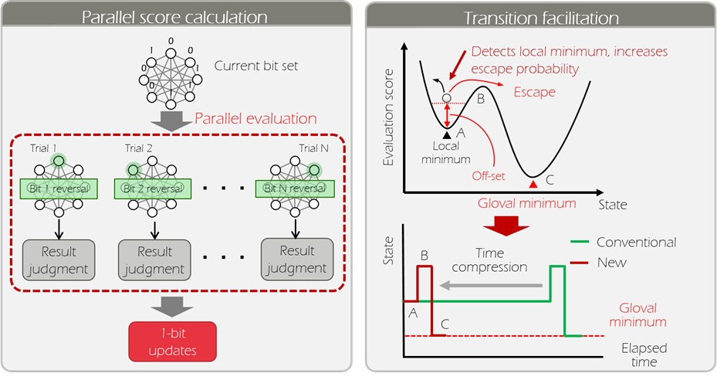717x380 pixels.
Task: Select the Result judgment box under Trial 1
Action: coord(58,260)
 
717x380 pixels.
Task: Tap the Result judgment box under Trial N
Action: coord(296,260)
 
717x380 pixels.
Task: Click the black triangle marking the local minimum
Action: coord(447,134)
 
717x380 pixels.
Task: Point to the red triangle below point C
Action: coord(533,183)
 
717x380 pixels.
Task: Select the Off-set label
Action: coord(488,175)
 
